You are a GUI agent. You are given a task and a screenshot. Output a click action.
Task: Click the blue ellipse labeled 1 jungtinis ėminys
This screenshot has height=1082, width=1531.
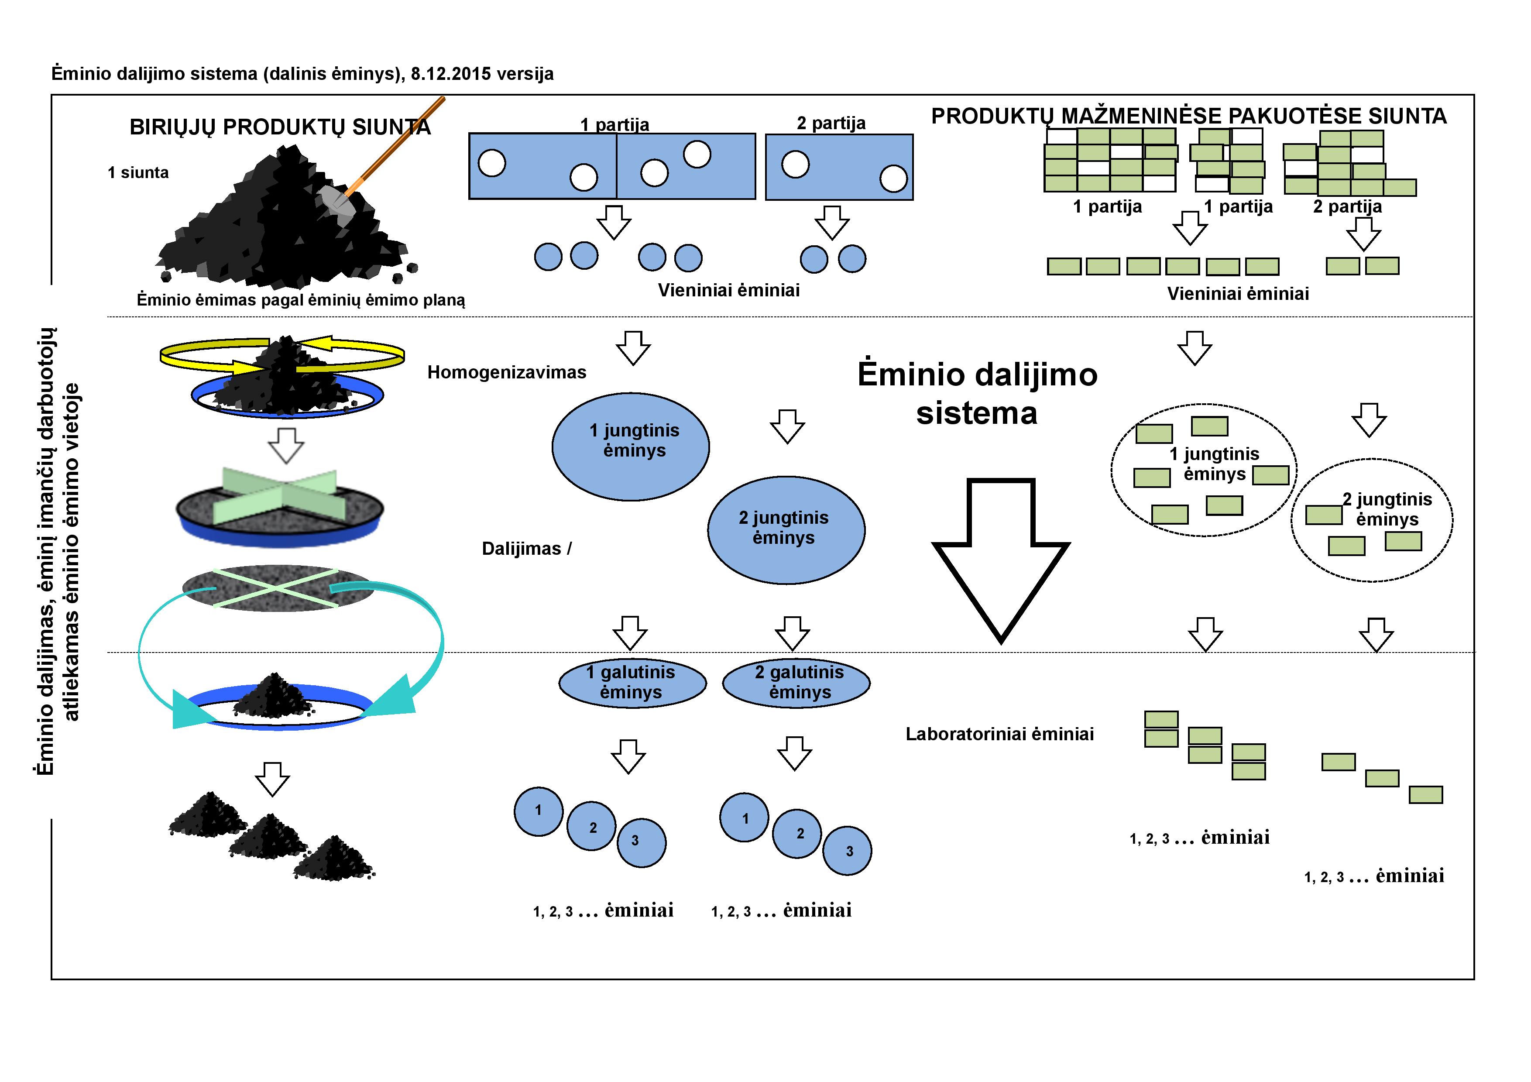(x=630, y=446)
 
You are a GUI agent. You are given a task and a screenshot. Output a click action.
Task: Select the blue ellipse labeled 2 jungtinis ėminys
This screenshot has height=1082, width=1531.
(x=786, y=529)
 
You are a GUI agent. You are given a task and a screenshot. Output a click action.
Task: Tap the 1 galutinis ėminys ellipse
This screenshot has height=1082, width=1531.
(x=632, y=683)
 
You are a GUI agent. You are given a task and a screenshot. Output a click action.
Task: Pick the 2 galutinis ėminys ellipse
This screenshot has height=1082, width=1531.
(x=796, y=683)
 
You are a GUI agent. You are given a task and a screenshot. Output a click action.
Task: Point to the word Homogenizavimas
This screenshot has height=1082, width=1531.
(x=506, y=372)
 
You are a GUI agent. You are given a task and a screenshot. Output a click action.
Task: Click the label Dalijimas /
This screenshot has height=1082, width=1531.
(x=526, y=549)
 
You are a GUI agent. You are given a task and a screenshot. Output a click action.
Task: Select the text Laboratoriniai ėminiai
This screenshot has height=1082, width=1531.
(x=999, y=734)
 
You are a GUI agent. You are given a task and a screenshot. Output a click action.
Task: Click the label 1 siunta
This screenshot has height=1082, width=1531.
(x=138, y=173)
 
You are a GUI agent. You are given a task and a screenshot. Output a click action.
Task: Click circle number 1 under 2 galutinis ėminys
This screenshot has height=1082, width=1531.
(x=744, y=818)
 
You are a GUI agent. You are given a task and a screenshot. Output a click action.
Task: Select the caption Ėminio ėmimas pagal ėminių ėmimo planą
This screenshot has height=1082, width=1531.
(x=301, y=300)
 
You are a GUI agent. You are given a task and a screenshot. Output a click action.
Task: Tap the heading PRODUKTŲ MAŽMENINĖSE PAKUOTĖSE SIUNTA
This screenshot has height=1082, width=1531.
(x=1188, y=116)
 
